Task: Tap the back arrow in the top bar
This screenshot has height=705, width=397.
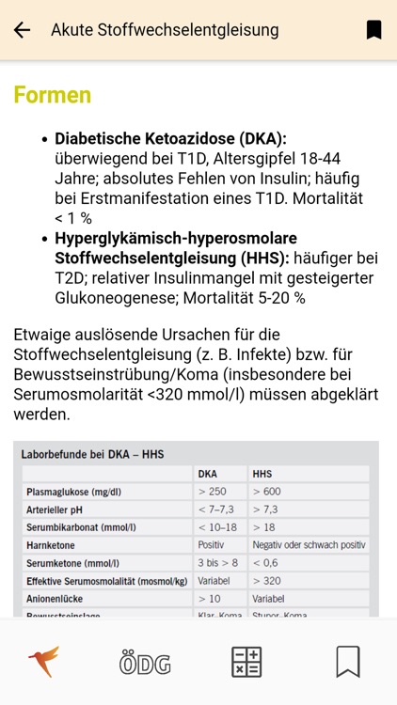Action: pyautogui.click(x=22, y=30)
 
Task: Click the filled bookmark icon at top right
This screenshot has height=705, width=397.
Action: pyautogui.click(x=373, y=30)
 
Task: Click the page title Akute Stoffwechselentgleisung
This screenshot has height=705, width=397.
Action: pyautogui.click(x=165, y=30)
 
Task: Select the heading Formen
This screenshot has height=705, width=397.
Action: pyautogui.click(x=52, y=95)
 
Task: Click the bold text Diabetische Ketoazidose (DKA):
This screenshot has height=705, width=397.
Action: pyautogui.click(x=170, y=138)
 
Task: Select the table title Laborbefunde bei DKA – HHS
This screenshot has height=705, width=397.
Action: pyautogui.click(x=92, y=455)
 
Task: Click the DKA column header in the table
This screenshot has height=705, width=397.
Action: pyautogui.click(x=208, y=474)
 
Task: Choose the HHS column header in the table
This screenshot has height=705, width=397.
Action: pyautogui.click(x=263, y=474)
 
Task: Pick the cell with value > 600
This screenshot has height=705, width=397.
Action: pyautogui.click(x=267, y=492)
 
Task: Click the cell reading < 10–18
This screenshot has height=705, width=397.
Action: pyautogui.click(x=217, y=527)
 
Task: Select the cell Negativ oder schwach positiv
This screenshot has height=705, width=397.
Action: pyautogui.click(x=309, y=545)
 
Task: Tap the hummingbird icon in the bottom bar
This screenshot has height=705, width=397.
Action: pyautogui.click(x=43, y=662)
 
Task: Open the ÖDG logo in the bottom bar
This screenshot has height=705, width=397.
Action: pyautogui.click(x=145, y=663)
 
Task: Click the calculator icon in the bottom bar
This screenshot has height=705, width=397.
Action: pyautogui.click(x=246, y=663)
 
